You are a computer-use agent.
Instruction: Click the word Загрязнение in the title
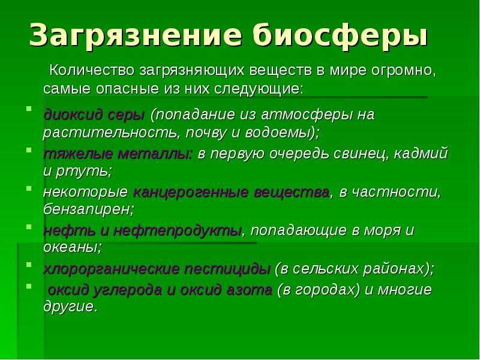click(x=136, y=35)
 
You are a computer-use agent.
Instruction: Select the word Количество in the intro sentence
click(x=92, y=70)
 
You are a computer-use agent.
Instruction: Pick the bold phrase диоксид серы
click(x=94, y=115)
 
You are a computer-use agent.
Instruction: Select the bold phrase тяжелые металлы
click(x=118, y=154)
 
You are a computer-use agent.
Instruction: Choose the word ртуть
click(x=82, y=172)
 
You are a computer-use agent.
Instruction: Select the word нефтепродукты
click(x=178, y=231)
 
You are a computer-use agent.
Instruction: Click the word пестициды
click(x=227, y=269)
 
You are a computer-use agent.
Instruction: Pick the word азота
click(x=249, y=290)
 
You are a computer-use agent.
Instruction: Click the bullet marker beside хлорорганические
click(x=29, y=264)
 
